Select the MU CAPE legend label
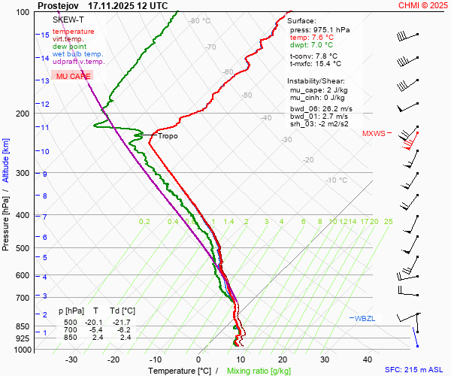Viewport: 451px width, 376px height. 73,77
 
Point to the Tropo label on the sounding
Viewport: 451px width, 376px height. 168,136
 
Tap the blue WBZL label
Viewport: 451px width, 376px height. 365,319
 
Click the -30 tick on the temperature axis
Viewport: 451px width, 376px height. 71,359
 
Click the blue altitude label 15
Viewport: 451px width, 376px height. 45,35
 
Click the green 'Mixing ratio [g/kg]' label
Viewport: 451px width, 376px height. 259,371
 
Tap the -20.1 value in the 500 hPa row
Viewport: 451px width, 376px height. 95,322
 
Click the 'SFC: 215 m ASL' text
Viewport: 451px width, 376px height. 416,371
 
